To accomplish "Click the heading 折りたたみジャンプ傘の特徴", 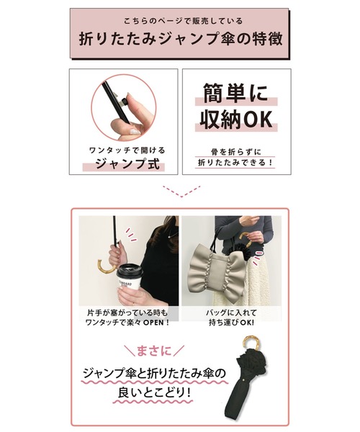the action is coord(181,39).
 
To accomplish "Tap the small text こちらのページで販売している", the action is coord(183,21).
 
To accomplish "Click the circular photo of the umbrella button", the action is coord(124,107).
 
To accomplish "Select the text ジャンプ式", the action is coord(127,164).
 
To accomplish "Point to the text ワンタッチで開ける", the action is coord(127,150).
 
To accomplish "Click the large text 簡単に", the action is coord(235,93).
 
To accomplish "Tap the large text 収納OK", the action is coord(236,120).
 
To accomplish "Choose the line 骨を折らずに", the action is coord(235,151).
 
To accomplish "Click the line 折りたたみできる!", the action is coord(235,163).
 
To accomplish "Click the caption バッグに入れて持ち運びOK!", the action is coord(231,318).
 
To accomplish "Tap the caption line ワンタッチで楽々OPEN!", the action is coord(127,322).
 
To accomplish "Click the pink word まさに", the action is coord(153,351).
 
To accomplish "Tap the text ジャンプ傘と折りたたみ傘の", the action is coord(155,374).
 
